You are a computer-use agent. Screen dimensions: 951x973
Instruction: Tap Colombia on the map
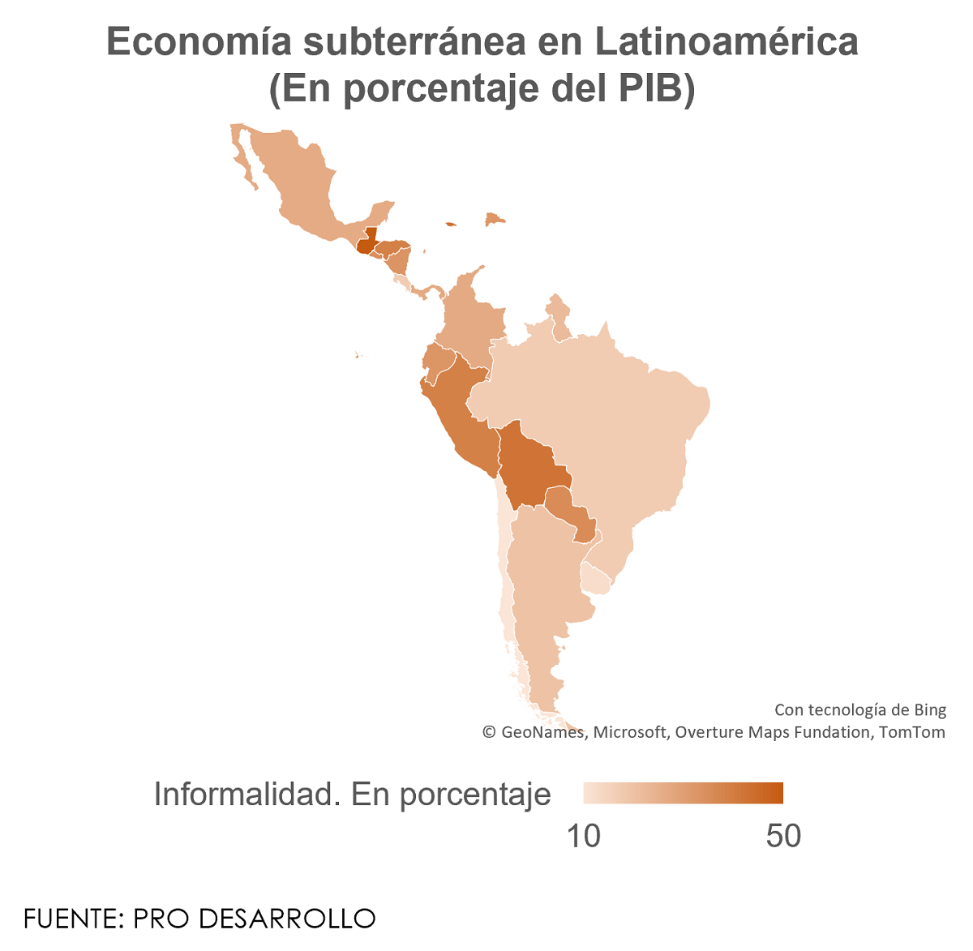470,320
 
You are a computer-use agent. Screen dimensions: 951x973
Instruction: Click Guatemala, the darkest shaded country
366,242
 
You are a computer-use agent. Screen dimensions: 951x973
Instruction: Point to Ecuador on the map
439,363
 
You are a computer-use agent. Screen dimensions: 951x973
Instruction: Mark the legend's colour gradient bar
683,793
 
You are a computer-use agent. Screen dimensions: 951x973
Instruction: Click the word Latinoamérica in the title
727,42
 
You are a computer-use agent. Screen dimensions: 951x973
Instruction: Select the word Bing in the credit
929,710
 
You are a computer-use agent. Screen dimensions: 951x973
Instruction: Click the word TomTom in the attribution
912,732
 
